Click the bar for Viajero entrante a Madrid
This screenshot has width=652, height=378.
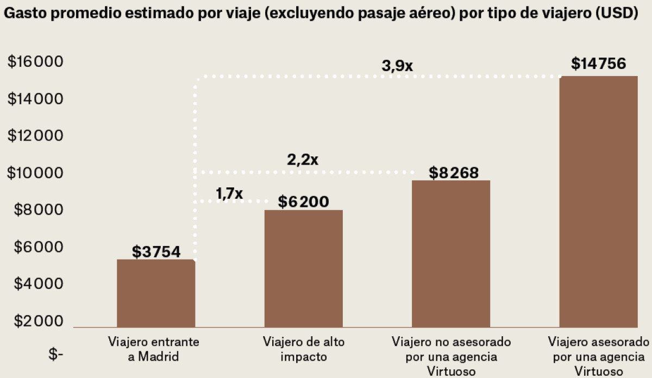coord(155,293)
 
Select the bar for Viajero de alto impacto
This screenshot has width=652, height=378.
coord(303,269)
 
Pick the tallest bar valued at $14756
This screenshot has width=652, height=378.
coord(598,201)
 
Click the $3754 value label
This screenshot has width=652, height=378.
coord(156,252)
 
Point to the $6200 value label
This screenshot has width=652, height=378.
coord(304,201)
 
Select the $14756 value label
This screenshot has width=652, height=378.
coord(599,64)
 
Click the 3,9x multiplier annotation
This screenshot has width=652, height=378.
coord(397,66)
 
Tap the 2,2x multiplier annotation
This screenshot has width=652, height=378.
coord(303,160)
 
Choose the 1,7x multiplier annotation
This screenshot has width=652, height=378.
coord(229,193)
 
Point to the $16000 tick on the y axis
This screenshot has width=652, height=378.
coord(35,62)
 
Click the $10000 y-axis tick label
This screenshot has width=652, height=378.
coord(35,173)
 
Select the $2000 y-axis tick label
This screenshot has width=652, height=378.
coord(35,321)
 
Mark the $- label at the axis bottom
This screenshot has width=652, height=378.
coord(56,356)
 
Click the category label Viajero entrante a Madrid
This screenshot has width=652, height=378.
coord(153,349)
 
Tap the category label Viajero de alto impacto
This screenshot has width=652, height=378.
coord(303,349)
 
